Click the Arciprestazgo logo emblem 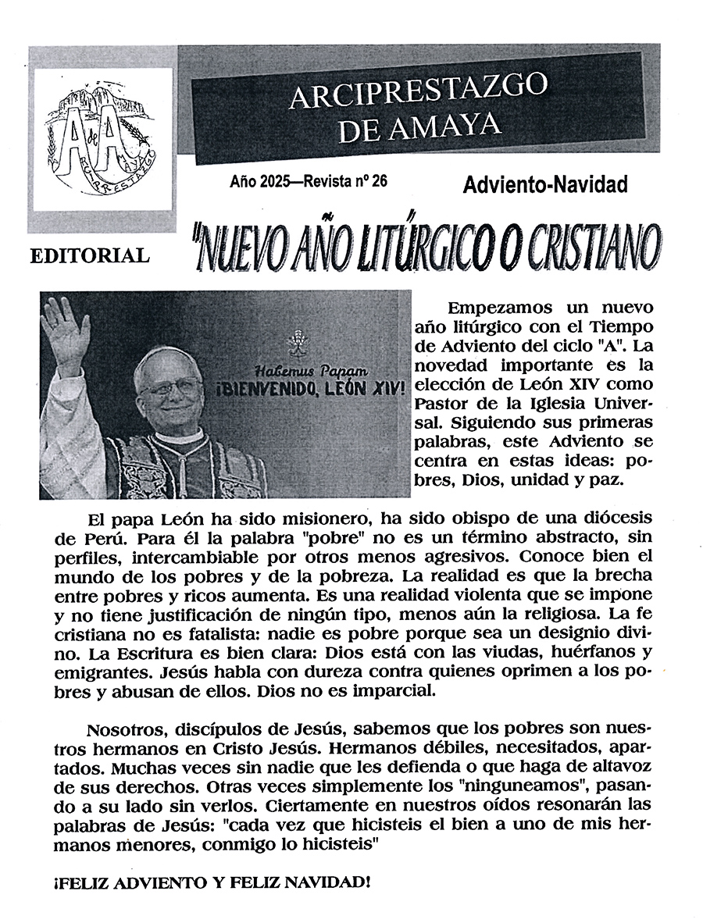pos(100,143)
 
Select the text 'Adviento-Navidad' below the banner pos(545,185)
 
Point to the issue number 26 pos(380,182)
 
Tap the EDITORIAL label pos(90,255)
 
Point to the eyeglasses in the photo pos(170,387)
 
